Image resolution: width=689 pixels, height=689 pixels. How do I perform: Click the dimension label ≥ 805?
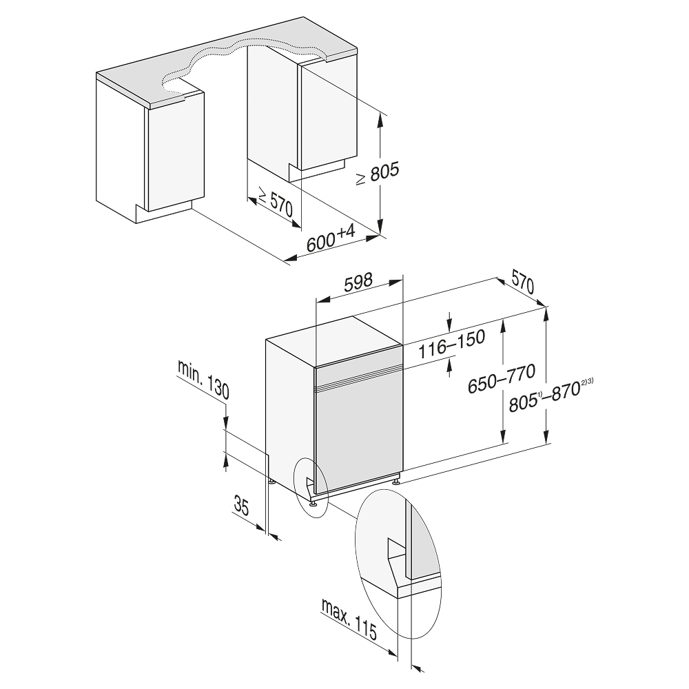[x=378, y=174]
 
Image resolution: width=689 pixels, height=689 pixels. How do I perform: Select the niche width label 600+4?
[x=331, y=238]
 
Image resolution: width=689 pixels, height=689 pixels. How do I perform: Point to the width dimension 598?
[x=358, y=282]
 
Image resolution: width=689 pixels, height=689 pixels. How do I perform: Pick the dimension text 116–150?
[x=451, y=344]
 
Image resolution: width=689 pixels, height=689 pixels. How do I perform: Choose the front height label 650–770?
[x=502, y=378]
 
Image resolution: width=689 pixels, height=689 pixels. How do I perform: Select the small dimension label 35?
[x=240, y=505]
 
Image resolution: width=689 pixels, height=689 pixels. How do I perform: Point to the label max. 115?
[x=349, y=619]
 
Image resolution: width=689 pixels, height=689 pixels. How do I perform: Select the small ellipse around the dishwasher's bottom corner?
[x=310, y=487]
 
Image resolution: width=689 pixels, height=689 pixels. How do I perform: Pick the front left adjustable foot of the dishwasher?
[x=313, y=502]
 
